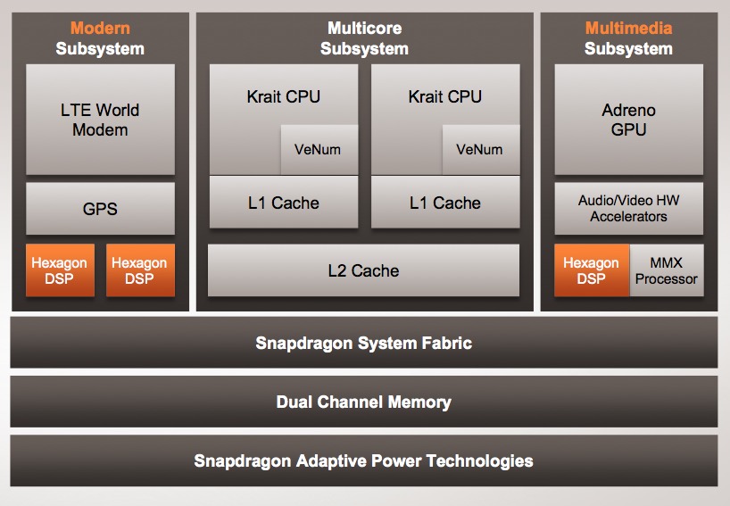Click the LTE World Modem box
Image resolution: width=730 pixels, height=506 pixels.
point(100,120)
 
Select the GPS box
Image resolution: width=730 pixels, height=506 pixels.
point(100,209)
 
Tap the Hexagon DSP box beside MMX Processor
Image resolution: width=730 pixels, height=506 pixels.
point(592,270)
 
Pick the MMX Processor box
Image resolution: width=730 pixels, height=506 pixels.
point(667,270)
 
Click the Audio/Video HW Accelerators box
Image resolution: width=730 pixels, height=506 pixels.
point(629,209)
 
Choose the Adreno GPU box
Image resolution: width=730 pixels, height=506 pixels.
point(629,120)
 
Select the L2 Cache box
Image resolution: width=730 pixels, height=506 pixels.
point(363,270)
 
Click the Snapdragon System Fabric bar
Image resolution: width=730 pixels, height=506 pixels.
point(363,343)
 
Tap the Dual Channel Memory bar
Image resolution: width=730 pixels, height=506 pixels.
point(363,402)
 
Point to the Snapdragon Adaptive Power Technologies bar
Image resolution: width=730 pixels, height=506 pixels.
point(363,460)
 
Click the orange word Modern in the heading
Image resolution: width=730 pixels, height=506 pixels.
point(100,28)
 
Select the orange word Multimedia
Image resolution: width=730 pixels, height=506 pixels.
point(628,28)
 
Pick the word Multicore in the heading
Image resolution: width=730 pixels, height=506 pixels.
point(364,28)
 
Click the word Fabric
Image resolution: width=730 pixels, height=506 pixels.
point(447,343)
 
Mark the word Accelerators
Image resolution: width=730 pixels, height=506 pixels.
point(628,217)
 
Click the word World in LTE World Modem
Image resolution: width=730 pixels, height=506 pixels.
point(118,110)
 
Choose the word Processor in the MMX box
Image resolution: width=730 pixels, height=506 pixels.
point(667,278)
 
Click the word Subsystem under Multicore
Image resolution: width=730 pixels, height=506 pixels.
point(364,49)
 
